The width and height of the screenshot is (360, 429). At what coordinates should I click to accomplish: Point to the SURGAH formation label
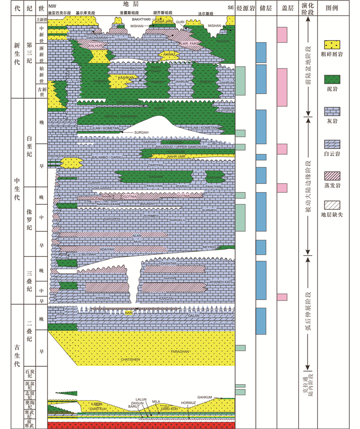coord(141,132)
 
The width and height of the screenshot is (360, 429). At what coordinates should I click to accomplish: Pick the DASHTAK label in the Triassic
coord(169,263)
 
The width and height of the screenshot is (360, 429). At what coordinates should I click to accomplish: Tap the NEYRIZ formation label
coord(209,247)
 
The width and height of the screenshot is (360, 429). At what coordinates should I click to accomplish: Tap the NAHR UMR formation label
coord(177,156)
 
